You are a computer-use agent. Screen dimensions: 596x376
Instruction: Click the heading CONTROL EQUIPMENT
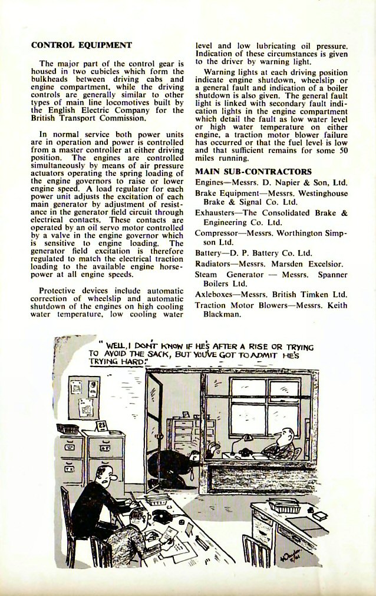pos(81,44)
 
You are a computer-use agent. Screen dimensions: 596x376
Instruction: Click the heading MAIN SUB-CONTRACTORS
pos(253,171)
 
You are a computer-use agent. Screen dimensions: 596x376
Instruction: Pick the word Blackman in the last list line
pos(223,315)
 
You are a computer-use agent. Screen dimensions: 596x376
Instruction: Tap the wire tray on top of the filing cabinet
pos(68,428)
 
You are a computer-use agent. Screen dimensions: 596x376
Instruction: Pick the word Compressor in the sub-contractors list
pos(217,233)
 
